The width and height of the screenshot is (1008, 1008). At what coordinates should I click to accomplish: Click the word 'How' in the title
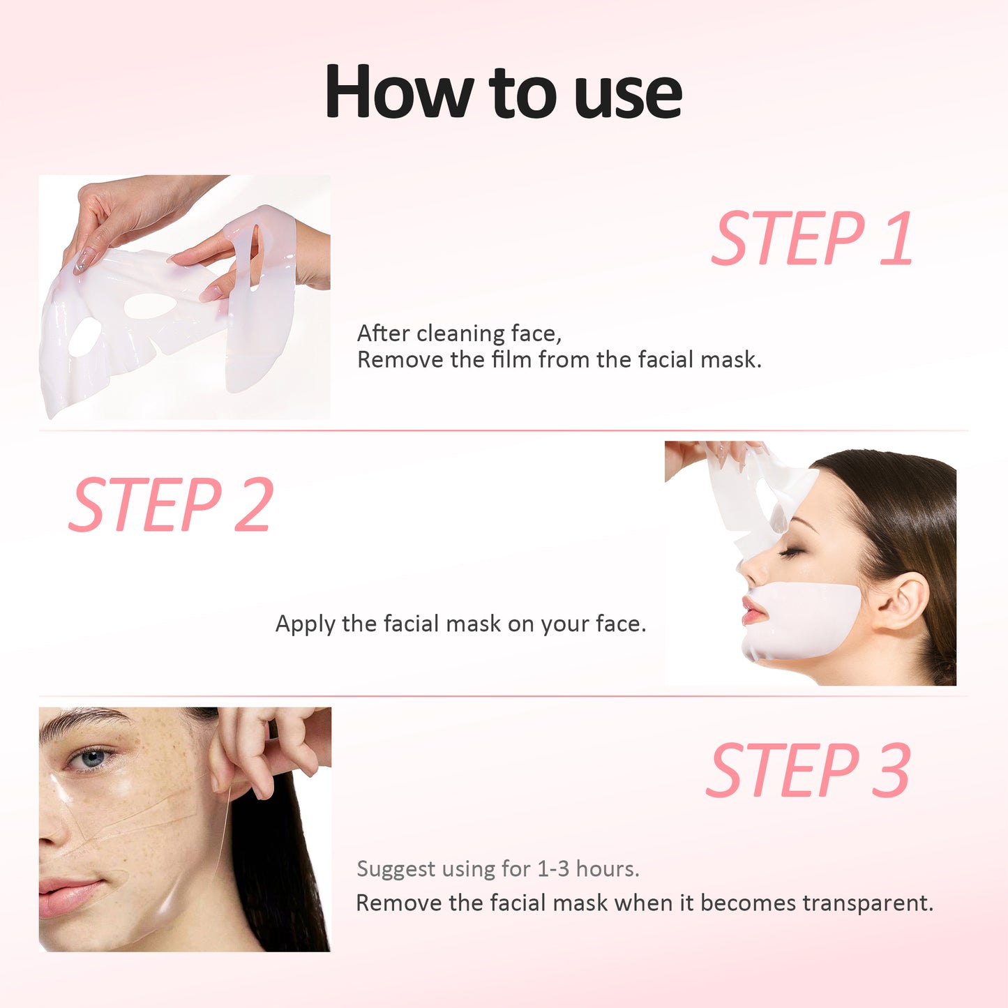400,91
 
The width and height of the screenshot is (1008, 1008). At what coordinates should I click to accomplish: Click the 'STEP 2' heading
171,505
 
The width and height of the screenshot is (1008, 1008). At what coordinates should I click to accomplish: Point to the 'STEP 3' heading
808,770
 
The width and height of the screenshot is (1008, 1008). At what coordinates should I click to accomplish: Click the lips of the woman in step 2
754,611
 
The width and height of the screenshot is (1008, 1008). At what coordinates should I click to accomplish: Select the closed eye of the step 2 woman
791,552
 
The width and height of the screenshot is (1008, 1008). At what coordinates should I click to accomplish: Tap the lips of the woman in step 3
70,894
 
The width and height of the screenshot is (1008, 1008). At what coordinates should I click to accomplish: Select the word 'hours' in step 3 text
607,869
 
